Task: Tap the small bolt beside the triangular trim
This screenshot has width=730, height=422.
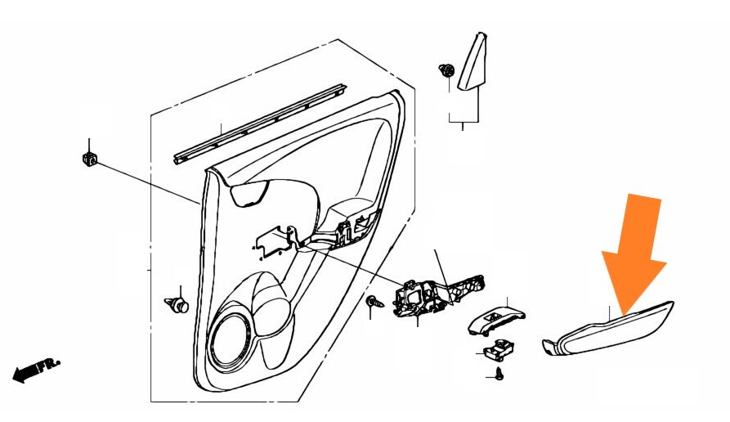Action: (446, 70)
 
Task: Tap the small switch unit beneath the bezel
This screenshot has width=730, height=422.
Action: (495, 351)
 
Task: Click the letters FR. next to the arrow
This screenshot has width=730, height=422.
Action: (52, 362)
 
